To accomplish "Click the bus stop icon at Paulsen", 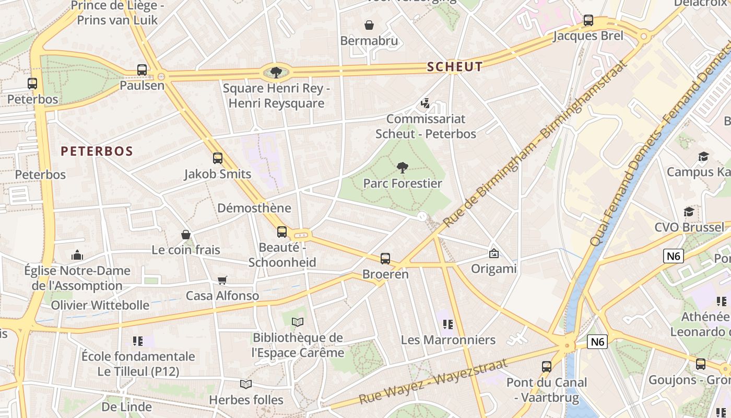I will pos(142,69).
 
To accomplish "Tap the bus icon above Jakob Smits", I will pos(218,158).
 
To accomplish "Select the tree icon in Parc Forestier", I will pos(402,168).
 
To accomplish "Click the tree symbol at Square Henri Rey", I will pos(276,72).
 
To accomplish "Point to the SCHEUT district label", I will pos(455,66).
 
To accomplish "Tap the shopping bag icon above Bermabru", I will pos(369,25).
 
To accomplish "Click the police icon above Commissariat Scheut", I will pos(426,103).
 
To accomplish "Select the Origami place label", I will pos(493,269).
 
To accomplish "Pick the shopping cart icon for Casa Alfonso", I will pos(222,280).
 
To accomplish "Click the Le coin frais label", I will pos(186,250).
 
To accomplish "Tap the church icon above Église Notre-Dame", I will pos(77,255).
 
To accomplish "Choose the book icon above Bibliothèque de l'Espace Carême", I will pos(298,322).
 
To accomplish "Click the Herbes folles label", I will pos(246,400).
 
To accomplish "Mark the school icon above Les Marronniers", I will pos(447,324).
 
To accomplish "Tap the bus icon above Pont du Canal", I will pos(547,366).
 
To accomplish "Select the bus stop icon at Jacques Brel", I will pos(588,20).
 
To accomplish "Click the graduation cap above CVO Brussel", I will pos(689,212).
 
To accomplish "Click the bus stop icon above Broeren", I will pos(385,258).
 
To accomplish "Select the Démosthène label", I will pos(254,208).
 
